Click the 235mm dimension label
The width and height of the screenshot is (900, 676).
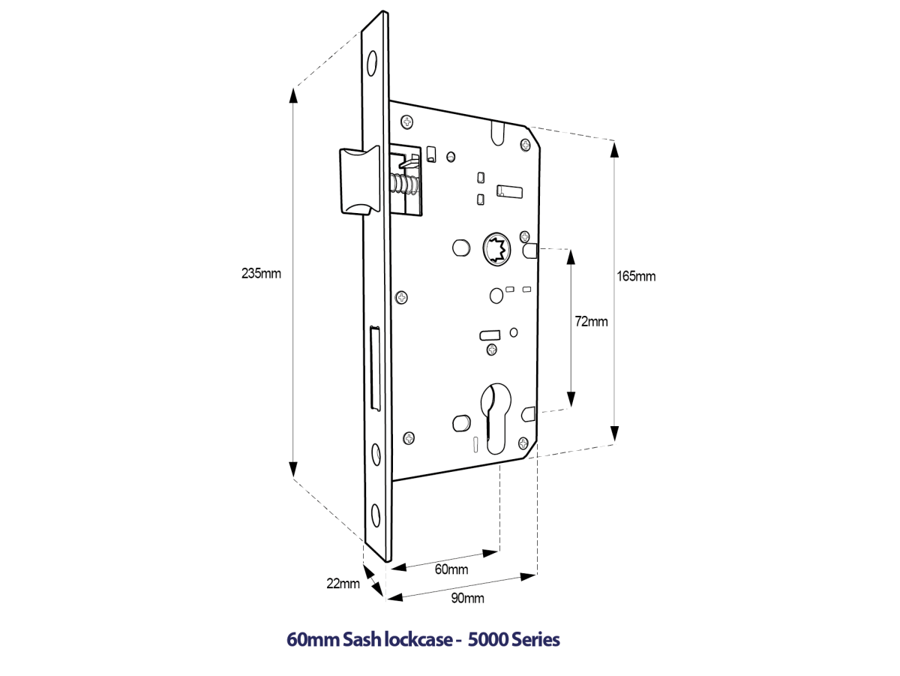(x=261, y=273)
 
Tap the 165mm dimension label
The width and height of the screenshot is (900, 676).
(x=635, y=276)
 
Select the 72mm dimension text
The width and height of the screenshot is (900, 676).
(x=591, y=322)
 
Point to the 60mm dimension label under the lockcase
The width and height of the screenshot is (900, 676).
(x=451, y=569)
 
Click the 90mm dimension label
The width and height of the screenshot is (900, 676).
(x=466, y=598)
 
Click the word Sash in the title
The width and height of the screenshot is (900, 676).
(x=361, y=640)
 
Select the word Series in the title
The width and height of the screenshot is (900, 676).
(x=535, y=640)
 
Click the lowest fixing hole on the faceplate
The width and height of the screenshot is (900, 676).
(x=376, y=516)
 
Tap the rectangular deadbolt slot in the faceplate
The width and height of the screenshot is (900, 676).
(x=376, y=368)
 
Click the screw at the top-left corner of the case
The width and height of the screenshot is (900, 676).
(x=407, y=121)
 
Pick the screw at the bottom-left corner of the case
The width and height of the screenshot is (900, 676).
(x=409, y=437)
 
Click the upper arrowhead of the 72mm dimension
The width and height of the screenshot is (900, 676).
(x=571, y=257)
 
